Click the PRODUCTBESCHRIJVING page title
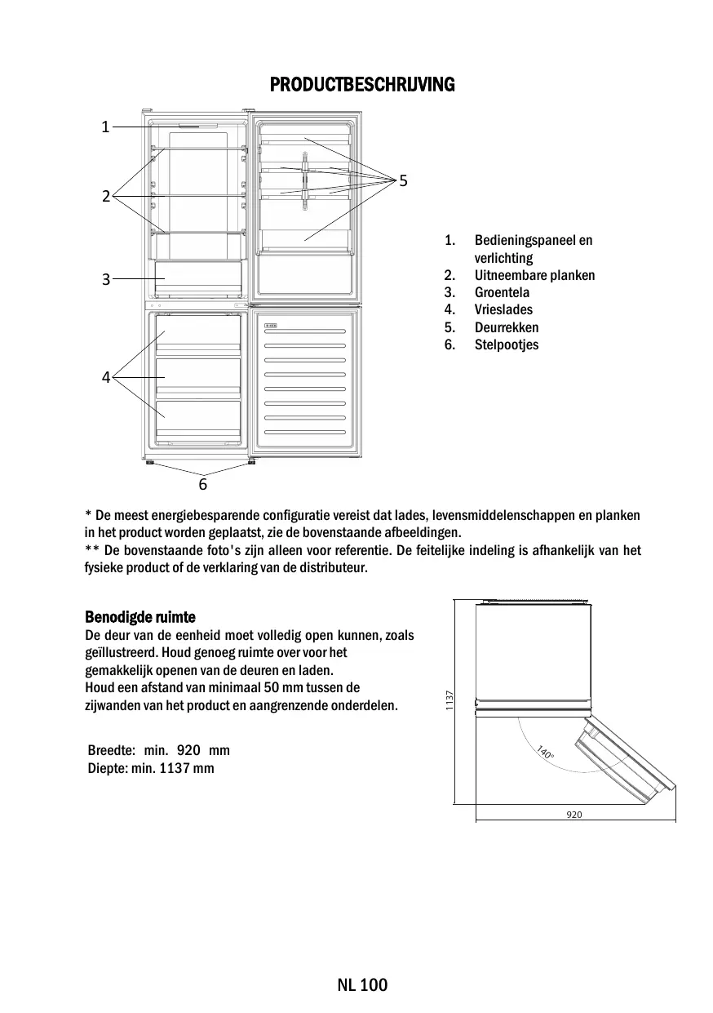[x=361, y=85]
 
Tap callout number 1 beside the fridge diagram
[x=105, y=127]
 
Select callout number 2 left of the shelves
[x=106, y=195]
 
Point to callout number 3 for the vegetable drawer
[x=106, y=279]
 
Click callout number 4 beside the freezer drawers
[x=106, y=377]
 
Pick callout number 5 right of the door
[x=403, y=179]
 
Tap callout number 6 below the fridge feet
[x=203, y=484]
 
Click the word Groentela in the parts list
[x=502, y=292]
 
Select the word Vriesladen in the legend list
[x=503, y=309]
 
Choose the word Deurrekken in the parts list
[x=507, y=327]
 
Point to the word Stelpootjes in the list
[x=507, y=344]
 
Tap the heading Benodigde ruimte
[x=140, y=616]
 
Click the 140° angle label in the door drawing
[x=544, y=752]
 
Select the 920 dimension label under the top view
[x=574, y=815]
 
